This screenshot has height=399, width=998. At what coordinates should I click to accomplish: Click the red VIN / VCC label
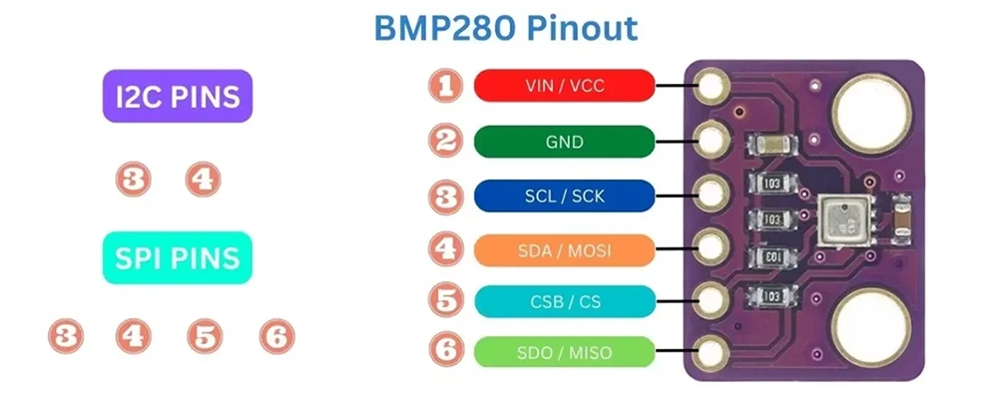(x=565, y=86)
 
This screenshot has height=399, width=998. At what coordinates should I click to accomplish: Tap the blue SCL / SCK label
(x=565, y=197)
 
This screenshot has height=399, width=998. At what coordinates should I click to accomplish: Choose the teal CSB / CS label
(x=565, y=299)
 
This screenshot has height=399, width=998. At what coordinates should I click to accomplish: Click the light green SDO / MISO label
(x=565, y=351)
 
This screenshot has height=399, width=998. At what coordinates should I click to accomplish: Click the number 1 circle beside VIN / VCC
(x=446, y=86)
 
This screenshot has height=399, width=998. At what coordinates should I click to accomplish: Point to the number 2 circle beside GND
(x=446, y=141)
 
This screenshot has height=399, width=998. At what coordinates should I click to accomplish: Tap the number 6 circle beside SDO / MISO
(x=446, y=351)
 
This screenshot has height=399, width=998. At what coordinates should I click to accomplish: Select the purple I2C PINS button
(x=178, y=97)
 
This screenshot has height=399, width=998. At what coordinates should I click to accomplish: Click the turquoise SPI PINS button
(x=178, y=258)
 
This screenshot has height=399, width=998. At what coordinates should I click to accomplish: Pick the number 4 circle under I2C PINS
(x=203, y=180)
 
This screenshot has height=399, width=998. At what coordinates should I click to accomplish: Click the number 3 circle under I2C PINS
(x=133, y=180)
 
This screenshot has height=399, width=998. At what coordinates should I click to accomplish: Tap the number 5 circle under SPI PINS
(x=205, y=336)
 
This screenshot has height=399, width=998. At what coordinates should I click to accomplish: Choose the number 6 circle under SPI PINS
(x=276, y=336)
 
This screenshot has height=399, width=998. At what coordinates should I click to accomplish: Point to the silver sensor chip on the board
(x=838, y=218)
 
